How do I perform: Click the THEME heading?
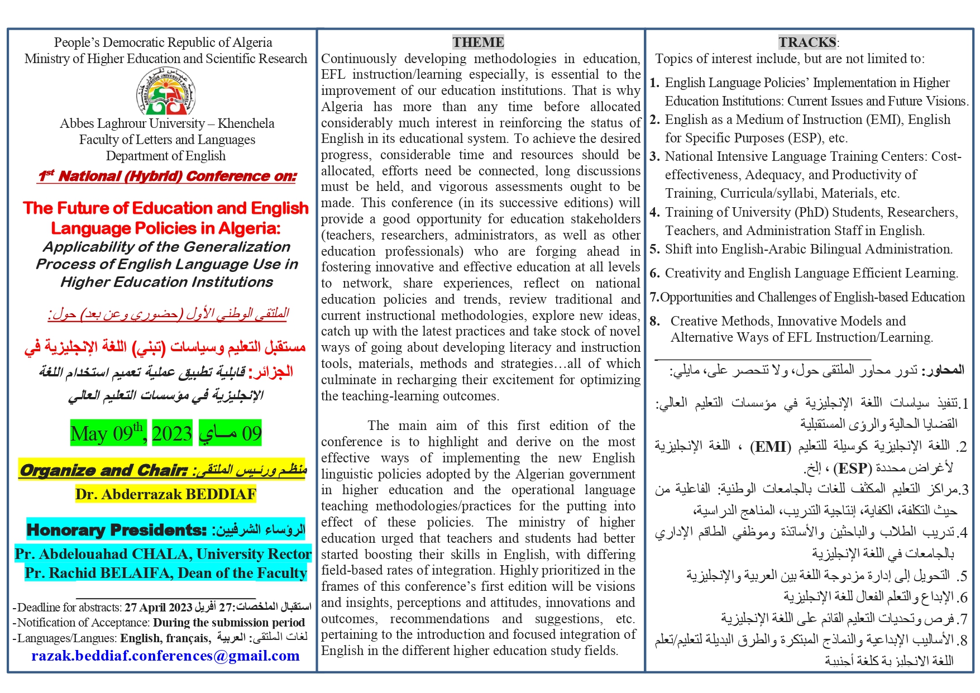(478, 42)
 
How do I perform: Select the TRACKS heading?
(807, 42)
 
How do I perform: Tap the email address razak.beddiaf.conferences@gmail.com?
(165, 656)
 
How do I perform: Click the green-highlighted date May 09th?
(108, 433)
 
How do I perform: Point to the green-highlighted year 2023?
(172, 433)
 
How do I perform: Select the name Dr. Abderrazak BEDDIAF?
(165, 494)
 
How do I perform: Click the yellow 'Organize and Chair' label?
(103, 470)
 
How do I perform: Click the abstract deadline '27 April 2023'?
(158, 608)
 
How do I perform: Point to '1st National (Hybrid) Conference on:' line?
(167, 176)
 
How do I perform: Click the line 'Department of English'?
(166, 156)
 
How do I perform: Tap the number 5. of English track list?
(654, 249)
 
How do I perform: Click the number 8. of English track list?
(654, 321)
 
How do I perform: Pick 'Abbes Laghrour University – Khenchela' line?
(167, 123)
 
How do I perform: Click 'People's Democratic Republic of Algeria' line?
(163, 42)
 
